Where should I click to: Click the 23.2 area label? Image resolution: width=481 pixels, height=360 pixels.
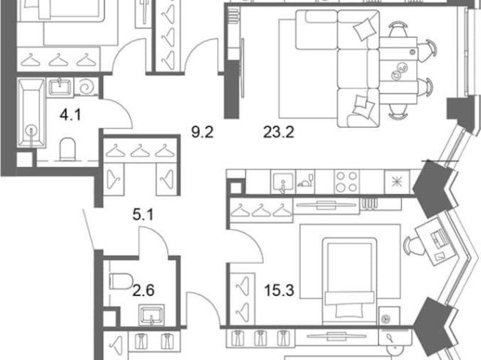click(279, 132)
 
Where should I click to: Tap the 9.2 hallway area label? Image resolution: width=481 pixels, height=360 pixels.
click(202, 132)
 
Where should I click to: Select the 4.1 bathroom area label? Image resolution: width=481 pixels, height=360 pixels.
click(70, 115)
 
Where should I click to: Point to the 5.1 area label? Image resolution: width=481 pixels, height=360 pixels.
click(143, 215)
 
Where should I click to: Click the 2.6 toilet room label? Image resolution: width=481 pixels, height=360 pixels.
click(144, 290)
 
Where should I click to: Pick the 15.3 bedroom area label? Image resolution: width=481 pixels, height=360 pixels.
click(279, 290)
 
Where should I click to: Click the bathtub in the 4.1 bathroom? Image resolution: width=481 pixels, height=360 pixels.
click(31, 113)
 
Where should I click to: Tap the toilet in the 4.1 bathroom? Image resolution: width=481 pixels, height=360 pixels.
click(67, 150)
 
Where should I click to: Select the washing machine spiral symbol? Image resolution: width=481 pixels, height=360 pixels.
click(86, 87)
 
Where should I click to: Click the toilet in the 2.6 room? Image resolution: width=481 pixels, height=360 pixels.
click(121, 281)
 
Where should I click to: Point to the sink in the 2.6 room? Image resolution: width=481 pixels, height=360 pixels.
click(152, 315)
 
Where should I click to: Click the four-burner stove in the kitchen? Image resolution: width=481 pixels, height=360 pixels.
click(346, 182)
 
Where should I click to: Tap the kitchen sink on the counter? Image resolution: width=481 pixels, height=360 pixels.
click(283, 183)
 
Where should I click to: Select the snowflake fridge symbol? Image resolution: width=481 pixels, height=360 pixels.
click(397, 182)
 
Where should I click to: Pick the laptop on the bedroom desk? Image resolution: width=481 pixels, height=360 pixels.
click(439, 238)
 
